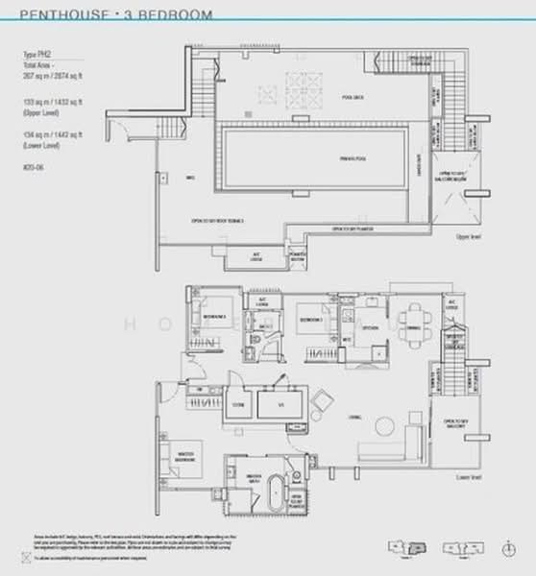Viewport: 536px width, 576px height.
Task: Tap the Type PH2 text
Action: pos(35,56)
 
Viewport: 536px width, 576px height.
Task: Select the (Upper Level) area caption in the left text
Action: pos(38,112)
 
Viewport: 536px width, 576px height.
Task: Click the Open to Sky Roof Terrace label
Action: pos(217,220)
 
